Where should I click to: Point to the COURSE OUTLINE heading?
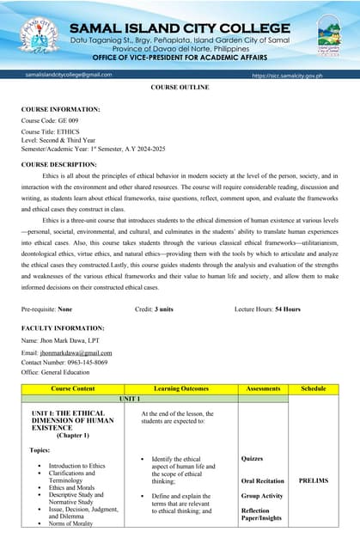pos(179,89)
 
